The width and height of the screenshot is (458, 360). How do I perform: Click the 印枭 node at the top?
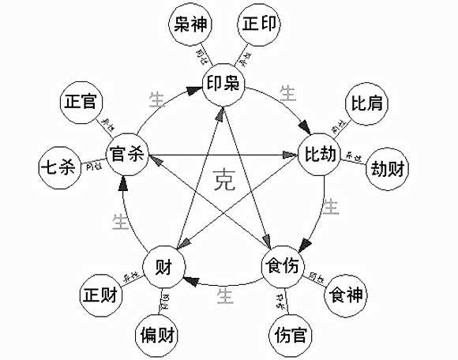pos(222,84)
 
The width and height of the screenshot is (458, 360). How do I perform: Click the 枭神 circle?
pos(190,26)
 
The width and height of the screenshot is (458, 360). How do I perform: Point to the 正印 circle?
pos(260,26)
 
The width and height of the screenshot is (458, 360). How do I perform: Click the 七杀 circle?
pos(60,169)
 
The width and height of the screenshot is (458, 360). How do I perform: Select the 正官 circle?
pos(81,104)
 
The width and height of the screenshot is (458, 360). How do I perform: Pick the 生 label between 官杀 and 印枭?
pos(157,100)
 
